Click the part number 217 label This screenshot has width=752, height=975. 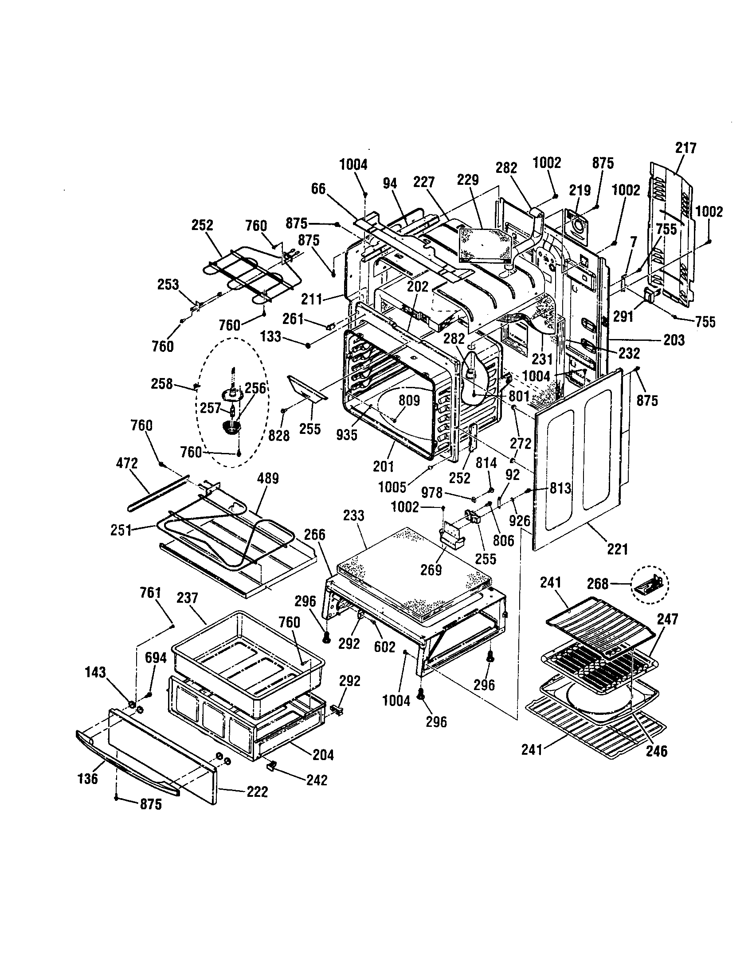685,148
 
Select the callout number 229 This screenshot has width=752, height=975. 468,180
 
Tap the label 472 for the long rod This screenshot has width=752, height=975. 127,463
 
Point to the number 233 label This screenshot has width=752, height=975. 354,515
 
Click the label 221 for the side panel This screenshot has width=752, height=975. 617,549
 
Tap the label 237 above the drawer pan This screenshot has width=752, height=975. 187,598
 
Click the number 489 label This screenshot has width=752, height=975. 268,479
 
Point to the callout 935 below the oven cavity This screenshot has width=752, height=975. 347,434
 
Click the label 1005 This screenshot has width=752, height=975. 392,487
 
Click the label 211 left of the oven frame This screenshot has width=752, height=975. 311,299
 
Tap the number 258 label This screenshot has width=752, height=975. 162,383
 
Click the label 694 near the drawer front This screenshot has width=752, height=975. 155,658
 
